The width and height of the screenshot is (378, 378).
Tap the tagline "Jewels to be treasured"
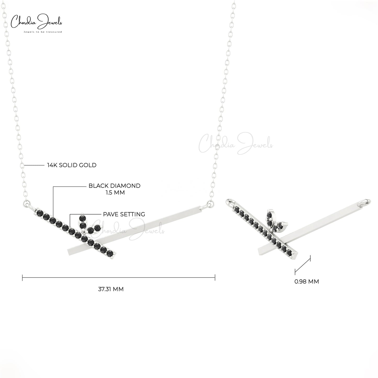tap(43, 32)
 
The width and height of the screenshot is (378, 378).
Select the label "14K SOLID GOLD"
tap(72, 165)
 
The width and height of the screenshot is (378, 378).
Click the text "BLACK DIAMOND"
tap(115, 186)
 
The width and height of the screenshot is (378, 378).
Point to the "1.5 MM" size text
tap(115, 193)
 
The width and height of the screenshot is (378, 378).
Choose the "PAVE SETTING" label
tap(124, 214)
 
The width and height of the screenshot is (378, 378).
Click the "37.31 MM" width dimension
tap(111, 289)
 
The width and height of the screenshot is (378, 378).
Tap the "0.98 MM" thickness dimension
tap(307, 281)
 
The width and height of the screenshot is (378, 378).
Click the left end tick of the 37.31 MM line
tap(22, 277)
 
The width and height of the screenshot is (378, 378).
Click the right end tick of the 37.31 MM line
tap(215, 277)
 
